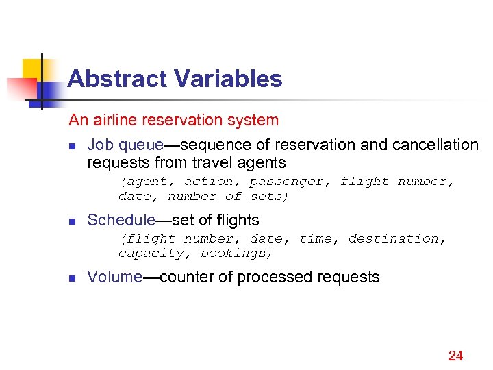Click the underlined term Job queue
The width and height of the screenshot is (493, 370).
(125, 145)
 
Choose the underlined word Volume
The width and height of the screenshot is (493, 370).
(114, 277)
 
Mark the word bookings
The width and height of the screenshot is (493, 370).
(237, 254)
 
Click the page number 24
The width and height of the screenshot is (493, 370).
(455, 355)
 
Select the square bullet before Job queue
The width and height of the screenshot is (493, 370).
(72, 146)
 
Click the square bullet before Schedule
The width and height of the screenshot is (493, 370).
(72, 221)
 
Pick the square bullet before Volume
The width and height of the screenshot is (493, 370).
(72, 278)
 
